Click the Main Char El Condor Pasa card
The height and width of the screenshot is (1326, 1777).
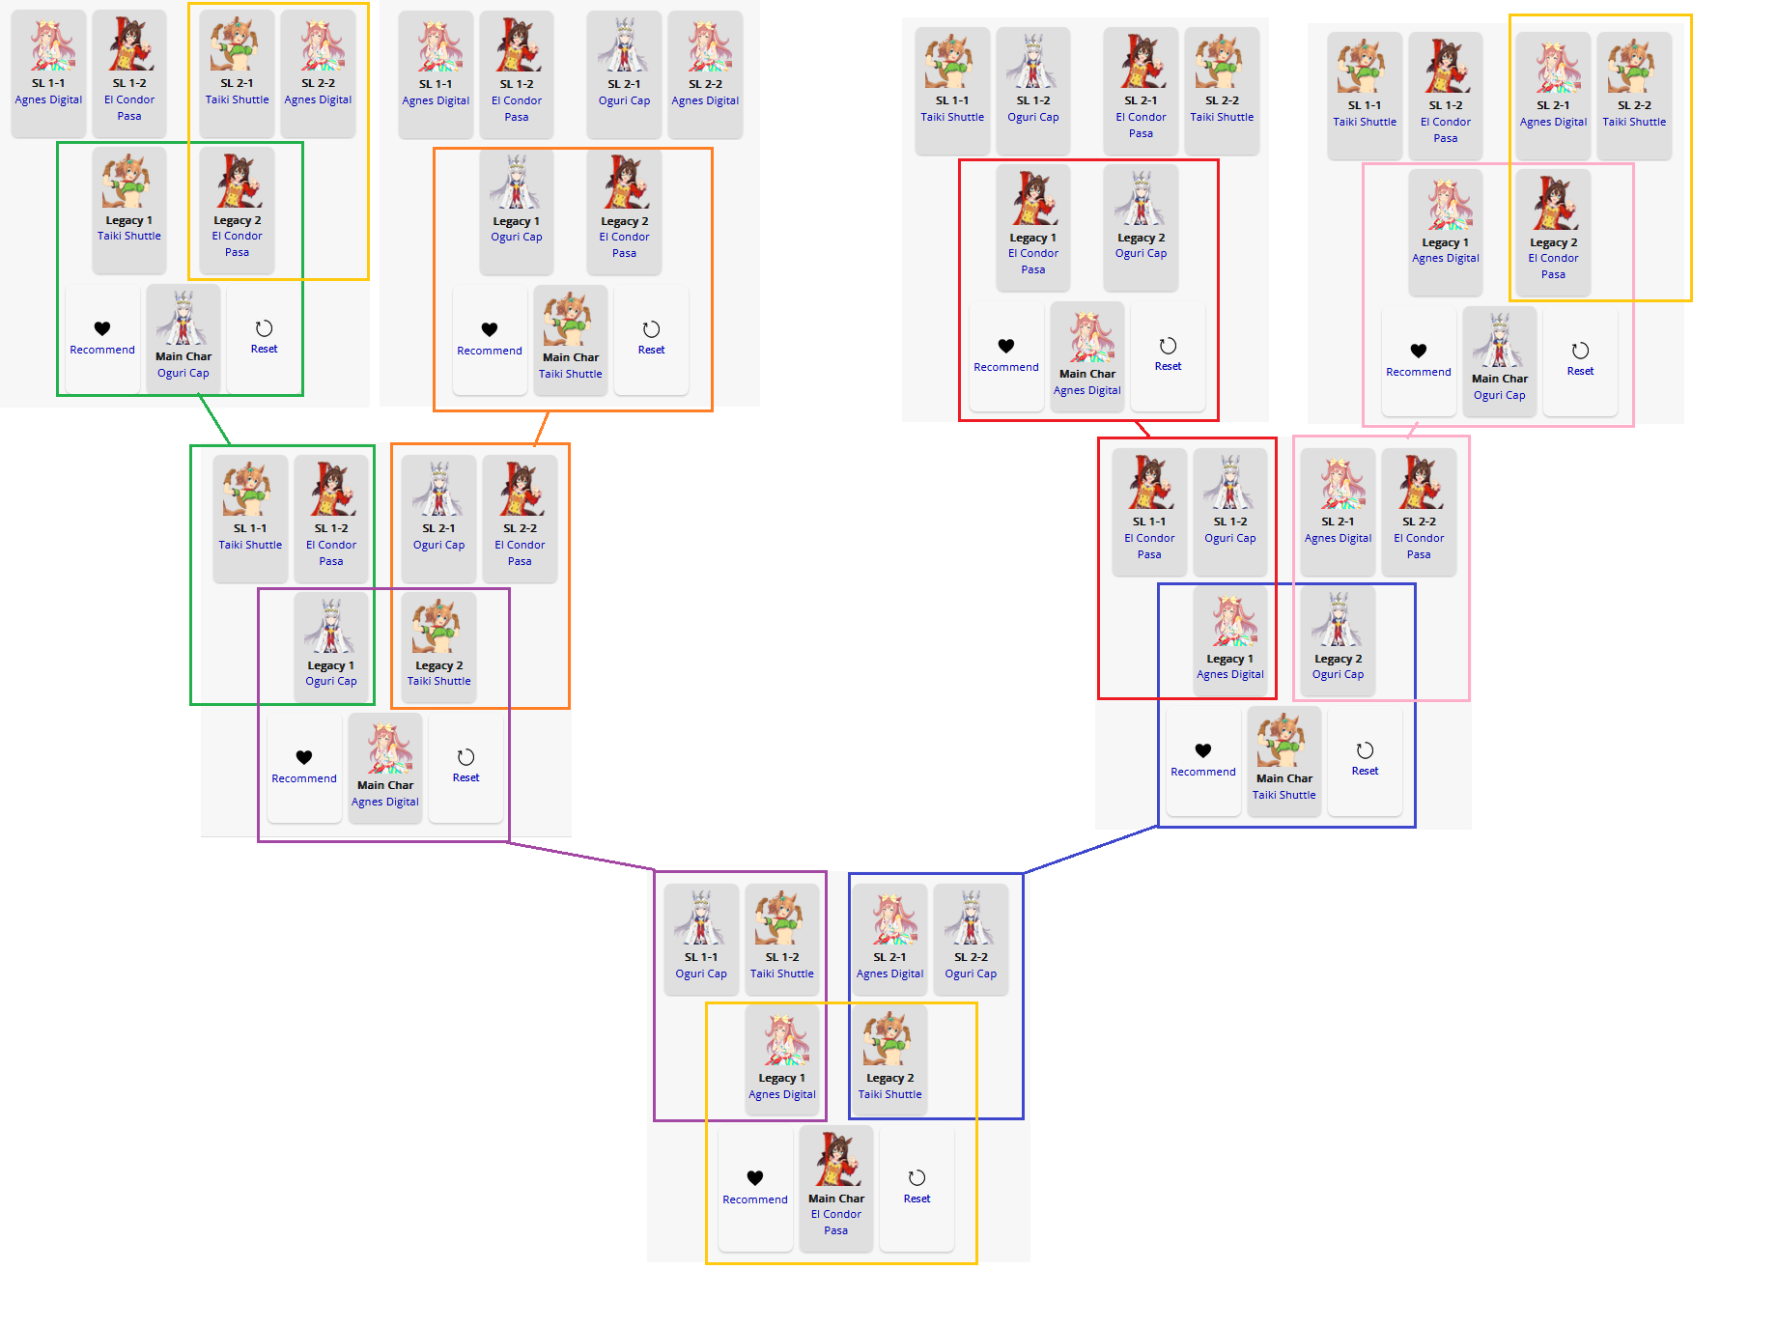[x=836, y=1188]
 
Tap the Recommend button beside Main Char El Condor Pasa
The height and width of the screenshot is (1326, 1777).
[x=755, y=1188]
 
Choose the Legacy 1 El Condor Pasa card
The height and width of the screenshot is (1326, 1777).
[x=1033, y=226]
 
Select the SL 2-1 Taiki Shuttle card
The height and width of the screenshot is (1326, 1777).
[x=238, y=72]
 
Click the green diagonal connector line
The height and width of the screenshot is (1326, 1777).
[x=214, y=420]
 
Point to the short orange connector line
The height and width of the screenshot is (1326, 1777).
[x=542, y=428]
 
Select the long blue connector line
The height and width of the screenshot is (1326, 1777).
[x=1091, y=850]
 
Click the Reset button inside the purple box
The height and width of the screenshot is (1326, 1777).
[x=465, y=767]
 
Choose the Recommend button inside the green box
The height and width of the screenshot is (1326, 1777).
[x=102, y=338]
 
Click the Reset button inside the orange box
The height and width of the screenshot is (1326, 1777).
[x=652, y=339]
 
